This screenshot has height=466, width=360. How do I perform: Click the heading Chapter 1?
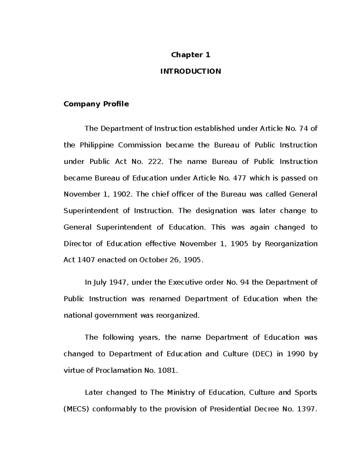pyautogui.click(x=190, y=55)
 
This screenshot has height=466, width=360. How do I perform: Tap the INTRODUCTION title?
pyautogui.click(x=190, y=71)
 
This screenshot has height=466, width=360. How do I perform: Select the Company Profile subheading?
pyautogui.click(x=96, y=104)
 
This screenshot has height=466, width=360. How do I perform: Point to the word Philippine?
pyautogui.click(x=97, y=145)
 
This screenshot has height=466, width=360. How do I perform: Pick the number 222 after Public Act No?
pyautogui.click(x=156, y=162)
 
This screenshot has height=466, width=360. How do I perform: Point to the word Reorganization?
pyautogui.click(x=291, y=244)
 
